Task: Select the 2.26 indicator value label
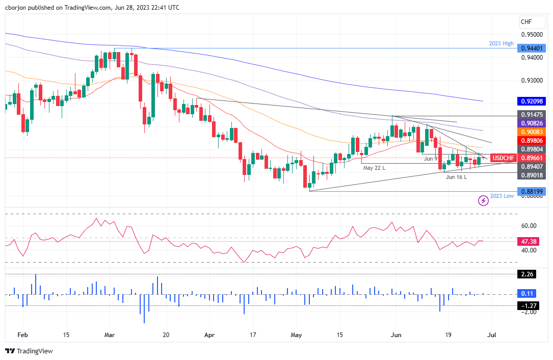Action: (x=527, y=274)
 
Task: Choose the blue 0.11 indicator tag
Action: (x=527, y=294)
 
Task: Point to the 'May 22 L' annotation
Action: (x=374, y=168)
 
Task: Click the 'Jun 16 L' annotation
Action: (x=456, y=177)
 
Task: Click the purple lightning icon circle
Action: (x=483, y=201)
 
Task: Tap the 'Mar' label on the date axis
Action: (x=110, y=336)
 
